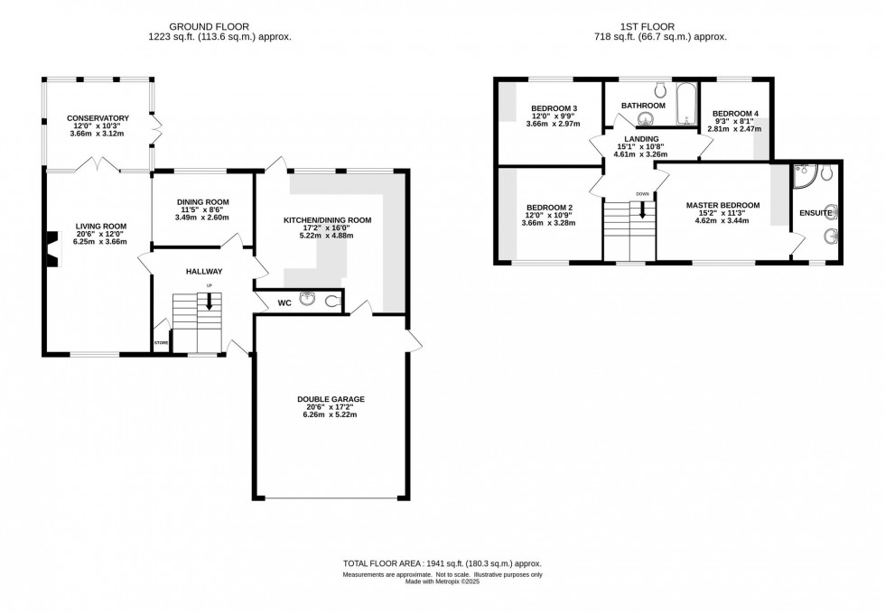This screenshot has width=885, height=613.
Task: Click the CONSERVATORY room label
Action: (x=99, y=118)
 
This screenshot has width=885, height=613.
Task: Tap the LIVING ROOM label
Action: (x=100, y=227)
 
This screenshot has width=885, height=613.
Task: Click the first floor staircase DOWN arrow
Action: (x=642, y=210)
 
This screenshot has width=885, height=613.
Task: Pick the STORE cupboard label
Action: (x=161, y=343)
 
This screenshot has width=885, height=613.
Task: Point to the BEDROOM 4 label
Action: (x=735, y=114)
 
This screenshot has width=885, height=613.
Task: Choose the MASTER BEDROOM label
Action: (x=722, y=206)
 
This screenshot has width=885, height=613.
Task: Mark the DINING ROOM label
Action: (x=202, y=202)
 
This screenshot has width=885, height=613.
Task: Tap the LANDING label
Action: (x=638, y=138)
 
